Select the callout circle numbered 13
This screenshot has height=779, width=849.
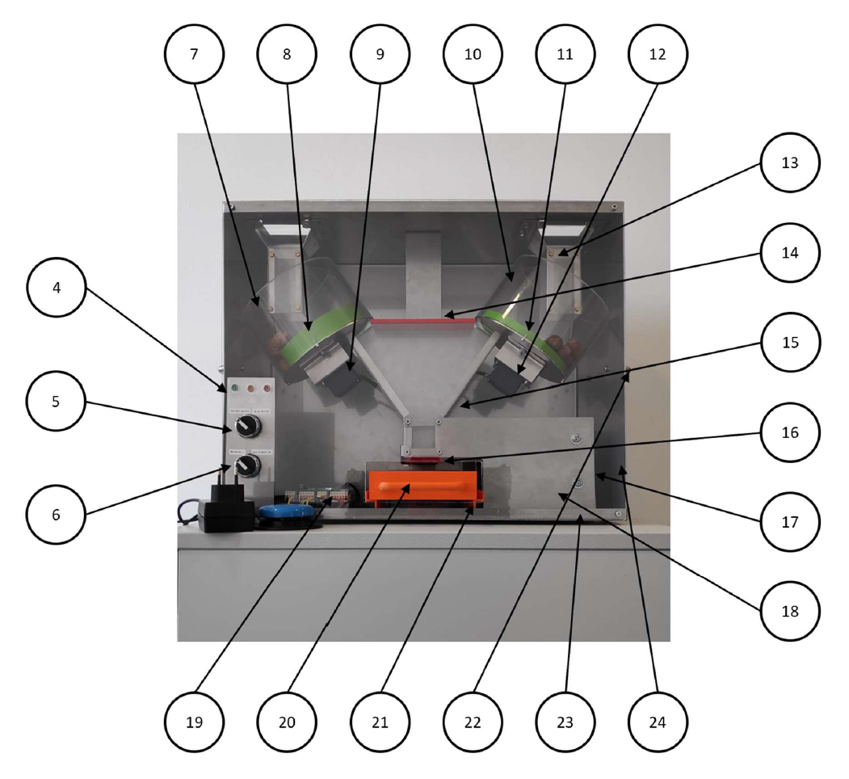pos(790,162)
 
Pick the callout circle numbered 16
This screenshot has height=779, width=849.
pos(790,432)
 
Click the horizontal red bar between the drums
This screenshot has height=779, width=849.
pos(422,321)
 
